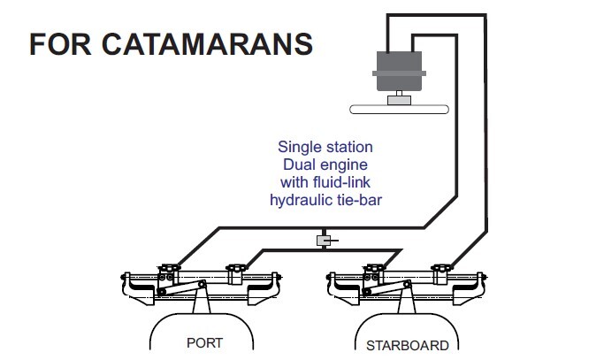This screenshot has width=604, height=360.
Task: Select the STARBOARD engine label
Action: (x=407, y=344)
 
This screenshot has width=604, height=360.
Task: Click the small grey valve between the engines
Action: (x=324, y=241)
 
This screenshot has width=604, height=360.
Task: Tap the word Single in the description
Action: (x=299, y=147)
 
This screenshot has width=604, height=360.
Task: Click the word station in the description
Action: (x=348, y=147)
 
